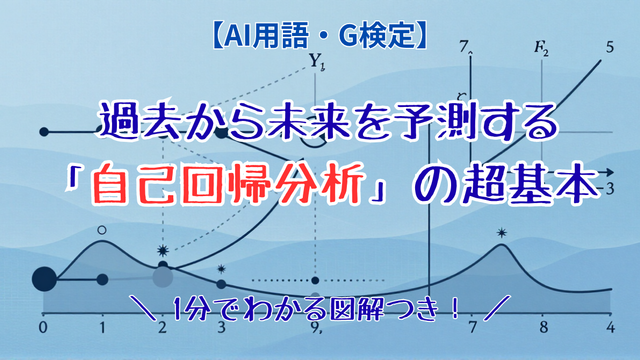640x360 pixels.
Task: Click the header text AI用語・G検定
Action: coord(320,37)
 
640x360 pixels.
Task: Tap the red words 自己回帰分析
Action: coord(228,184)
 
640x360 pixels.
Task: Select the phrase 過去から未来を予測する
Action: coord(328,121)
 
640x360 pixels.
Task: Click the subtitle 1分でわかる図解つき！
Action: coord(316,309)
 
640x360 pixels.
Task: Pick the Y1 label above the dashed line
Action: coord(316,61)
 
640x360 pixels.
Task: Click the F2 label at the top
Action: coord(541,48)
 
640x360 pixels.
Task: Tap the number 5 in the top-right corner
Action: coord(609,47)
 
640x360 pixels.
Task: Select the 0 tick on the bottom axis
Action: coord(43,327)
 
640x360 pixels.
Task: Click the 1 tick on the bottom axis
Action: coord(102,327)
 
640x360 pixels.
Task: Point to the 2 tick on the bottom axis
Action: coord(162,327)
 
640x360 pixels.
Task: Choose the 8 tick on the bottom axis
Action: coord(543,327)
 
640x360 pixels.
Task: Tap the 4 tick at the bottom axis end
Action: coord(610,327)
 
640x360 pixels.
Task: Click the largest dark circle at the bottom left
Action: coord(44,279)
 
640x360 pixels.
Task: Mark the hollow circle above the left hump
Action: coord(102,230)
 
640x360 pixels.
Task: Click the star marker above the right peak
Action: coord(502,233)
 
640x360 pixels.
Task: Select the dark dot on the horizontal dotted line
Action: coord(315,280)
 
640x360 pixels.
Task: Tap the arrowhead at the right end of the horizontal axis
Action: coord(609,172)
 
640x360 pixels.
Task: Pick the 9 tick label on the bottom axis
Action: coord(315,327)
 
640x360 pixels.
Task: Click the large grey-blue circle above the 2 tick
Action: coord(162,277)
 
